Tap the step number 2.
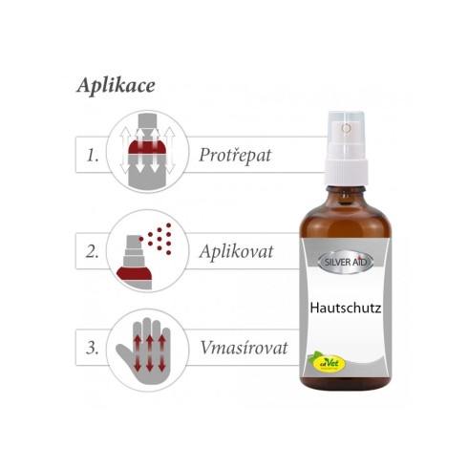tap(92, 252)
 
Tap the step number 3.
tap(92, 348)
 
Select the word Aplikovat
tap(235, 252)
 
